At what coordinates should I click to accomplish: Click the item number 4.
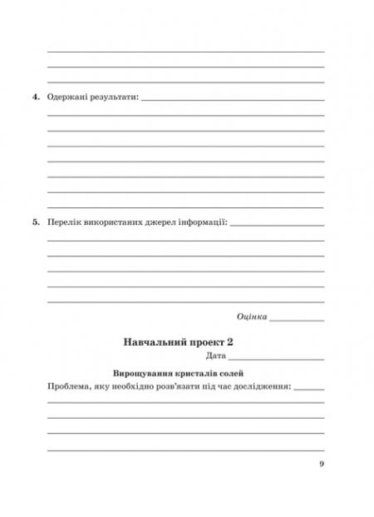[37, 98]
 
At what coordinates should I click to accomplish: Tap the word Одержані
[69, 98]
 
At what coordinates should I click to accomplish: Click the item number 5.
[37, 223]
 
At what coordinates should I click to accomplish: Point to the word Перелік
[65, 223]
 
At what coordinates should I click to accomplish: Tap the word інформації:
[204, 223]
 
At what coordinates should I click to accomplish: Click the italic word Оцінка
[251, 316]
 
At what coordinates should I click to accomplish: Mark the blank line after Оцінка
[297, 320]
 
